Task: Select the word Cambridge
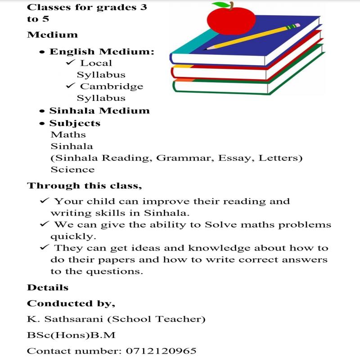click(x=112, y=86)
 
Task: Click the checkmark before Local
click(x=71, y=63)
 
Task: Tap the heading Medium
click(x=52, y=35)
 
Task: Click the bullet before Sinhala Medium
click(x=42, y=111)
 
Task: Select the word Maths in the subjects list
click(x=68, y=135)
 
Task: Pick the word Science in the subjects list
click(x=72, y=170)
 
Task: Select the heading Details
click(x=48, y=288)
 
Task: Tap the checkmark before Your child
click(x=45, y=201)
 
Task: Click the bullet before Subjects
click(x=42, y=123)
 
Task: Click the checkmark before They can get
click(x=45, y=247)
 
